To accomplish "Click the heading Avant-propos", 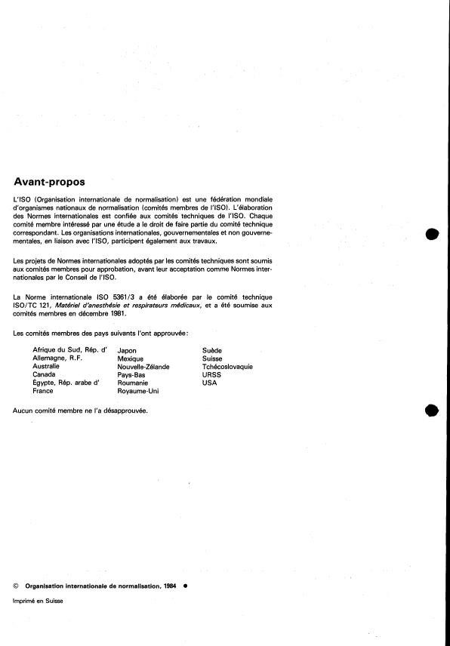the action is pos(50,181).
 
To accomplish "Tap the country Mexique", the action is pos(131,358).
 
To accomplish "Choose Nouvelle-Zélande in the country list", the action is pos(143,367).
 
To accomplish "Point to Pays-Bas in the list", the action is pos(132,375).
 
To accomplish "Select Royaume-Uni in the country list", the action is pos(138,392).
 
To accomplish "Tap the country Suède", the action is pos(212,350).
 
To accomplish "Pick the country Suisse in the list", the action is pos(212,358).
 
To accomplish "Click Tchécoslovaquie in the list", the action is pos(227,367).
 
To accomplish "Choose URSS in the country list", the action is pos(211,375).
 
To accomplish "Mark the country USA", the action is pos(209,383).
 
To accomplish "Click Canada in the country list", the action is pos(44,375).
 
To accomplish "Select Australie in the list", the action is pos(47,367).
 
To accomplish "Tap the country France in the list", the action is pos(43,392).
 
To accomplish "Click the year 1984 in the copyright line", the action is pos(171,585).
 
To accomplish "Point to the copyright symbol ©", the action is pos(17,585).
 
